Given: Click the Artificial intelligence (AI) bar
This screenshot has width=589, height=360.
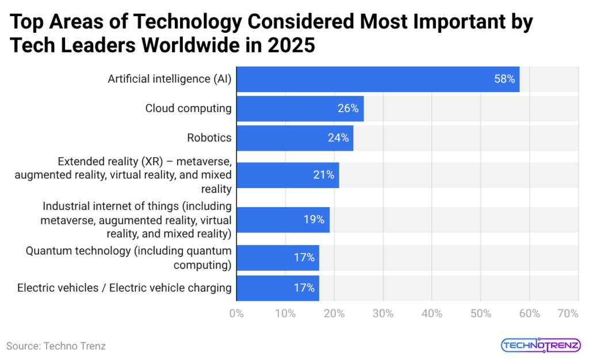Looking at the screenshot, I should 377,79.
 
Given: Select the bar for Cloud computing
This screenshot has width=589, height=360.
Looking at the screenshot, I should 300,109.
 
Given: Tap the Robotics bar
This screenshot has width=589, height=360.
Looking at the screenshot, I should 294,138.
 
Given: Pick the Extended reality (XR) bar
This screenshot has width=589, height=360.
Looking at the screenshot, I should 288,175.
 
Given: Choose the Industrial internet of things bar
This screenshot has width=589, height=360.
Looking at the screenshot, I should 282,220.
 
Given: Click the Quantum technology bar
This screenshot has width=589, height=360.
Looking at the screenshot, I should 277,258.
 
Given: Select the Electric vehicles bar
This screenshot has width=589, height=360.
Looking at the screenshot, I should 277,288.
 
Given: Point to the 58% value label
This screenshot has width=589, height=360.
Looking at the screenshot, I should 504,79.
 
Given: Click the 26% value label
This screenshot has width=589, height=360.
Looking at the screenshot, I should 348,109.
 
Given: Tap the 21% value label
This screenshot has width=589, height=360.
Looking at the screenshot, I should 323,175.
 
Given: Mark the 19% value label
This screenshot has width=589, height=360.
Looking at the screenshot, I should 314,220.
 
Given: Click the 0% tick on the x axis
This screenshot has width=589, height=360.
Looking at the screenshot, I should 236,313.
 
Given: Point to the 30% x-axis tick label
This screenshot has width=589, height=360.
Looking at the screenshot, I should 383,313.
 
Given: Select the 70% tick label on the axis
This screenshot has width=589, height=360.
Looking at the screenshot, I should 567,313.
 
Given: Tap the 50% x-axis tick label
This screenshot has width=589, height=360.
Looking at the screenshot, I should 480,313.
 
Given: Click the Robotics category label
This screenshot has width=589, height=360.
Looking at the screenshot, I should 209,138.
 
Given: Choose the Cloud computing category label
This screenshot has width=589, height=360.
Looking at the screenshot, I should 188,109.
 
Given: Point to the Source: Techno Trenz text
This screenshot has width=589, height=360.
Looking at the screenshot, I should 56,346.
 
